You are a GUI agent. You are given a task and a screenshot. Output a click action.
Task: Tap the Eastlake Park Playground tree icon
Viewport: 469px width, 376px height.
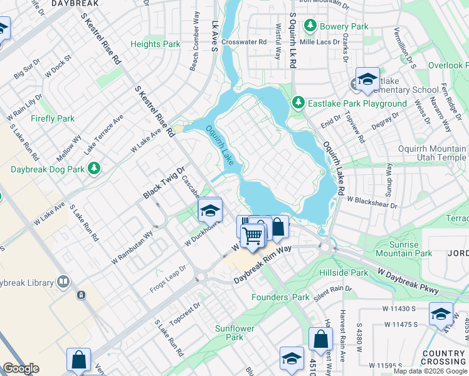coord(299,103)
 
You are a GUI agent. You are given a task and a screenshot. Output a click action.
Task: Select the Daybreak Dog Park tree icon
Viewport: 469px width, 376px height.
coord(94,169)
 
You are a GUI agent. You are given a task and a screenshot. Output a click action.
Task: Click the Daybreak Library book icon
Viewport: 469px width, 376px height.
coord(63,283)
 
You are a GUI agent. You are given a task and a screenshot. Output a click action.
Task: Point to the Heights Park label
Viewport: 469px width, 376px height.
coord(155,44)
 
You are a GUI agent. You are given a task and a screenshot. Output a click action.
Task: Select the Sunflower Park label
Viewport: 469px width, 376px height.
coord(229,332)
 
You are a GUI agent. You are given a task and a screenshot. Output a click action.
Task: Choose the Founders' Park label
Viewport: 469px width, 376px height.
coord(280,297)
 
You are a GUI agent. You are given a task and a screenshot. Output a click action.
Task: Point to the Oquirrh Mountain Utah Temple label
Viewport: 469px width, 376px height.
coord(432,154)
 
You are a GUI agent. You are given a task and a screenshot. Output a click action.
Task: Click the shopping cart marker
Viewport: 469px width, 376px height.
coord(253,236)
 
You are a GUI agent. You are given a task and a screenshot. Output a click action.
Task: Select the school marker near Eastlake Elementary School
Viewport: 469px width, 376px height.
coord(367,79)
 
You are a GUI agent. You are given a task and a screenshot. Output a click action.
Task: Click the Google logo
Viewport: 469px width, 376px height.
coord(21,368)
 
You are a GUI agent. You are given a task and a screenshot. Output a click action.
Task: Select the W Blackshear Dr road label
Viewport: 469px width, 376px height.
coord(372,202)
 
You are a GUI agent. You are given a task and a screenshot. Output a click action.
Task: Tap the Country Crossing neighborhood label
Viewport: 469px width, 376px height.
coord(443,358)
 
